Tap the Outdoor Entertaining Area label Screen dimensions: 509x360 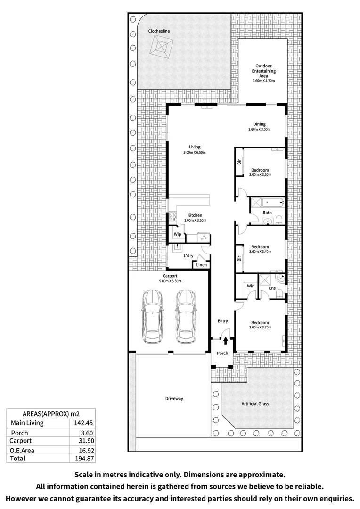pyautogui.click(x=263, y=71)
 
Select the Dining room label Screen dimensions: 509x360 pyautogui.click(x=260, y=124)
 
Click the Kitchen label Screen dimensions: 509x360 pyautogui.click(x=195, y=215)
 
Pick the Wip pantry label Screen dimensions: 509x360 pyautogui.click(x=178, y=234)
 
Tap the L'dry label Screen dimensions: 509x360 pyautogui.click(x=188, y=256)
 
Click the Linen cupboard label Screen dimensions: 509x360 pyautogui.click(x=201, y=265)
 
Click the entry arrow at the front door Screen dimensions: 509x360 pyautogui.click(x=226, y=339)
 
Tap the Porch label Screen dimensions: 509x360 pyautogui.click(x=222, y=353)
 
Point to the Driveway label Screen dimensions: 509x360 pyautogui.click(x=174, y=399)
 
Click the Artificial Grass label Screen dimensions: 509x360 pyautogui.click(x=255, y=404)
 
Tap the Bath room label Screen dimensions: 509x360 pyautogui.click(x=267, y=213)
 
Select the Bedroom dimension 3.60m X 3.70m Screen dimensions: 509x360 pyautogui.click(x=261, y=328)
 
